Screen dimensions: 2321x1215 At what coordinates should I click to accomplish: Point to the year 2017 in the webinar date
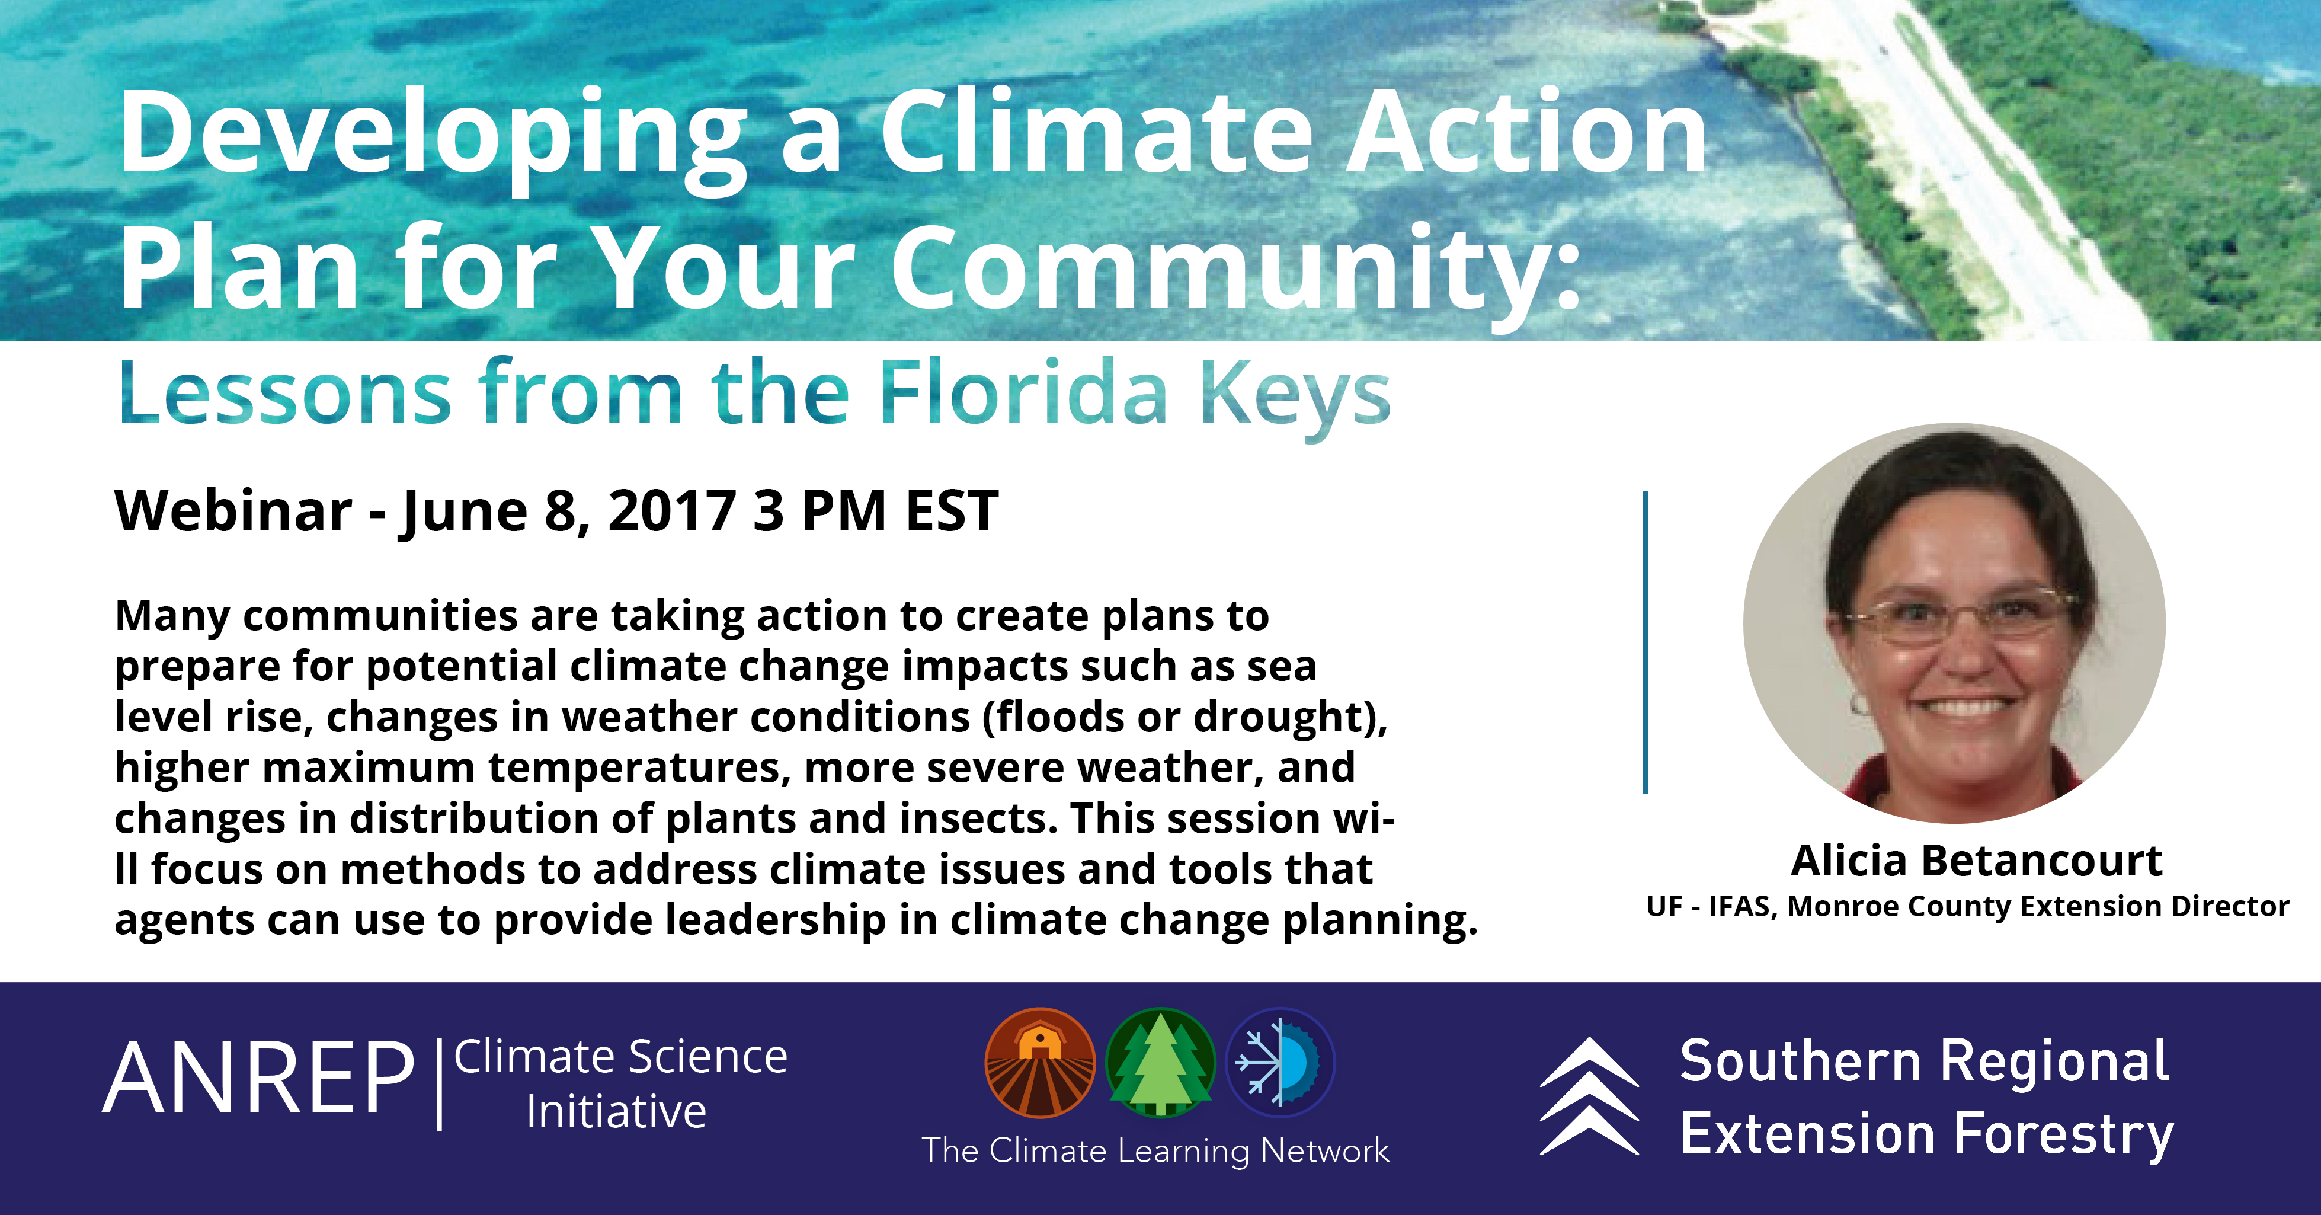coord(672,511)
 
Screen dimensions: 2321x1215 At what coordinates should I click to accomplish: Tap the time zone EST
coord(952,511)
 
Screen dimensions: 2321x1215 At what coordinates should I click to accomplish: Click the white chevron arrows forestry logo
coord(1589,1095)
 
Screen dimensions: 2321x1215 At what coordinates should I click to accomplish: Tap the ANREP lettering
coord(258,1078)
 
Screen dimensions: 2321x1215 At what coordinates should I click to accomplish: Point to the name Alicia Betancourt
coord(1976,860)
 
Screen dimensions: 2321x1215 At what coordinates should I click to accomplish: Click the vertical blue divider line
coord(1645,642)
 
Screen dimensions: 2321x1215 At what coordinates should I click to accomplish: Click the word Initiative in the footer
coord(616,1111)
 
